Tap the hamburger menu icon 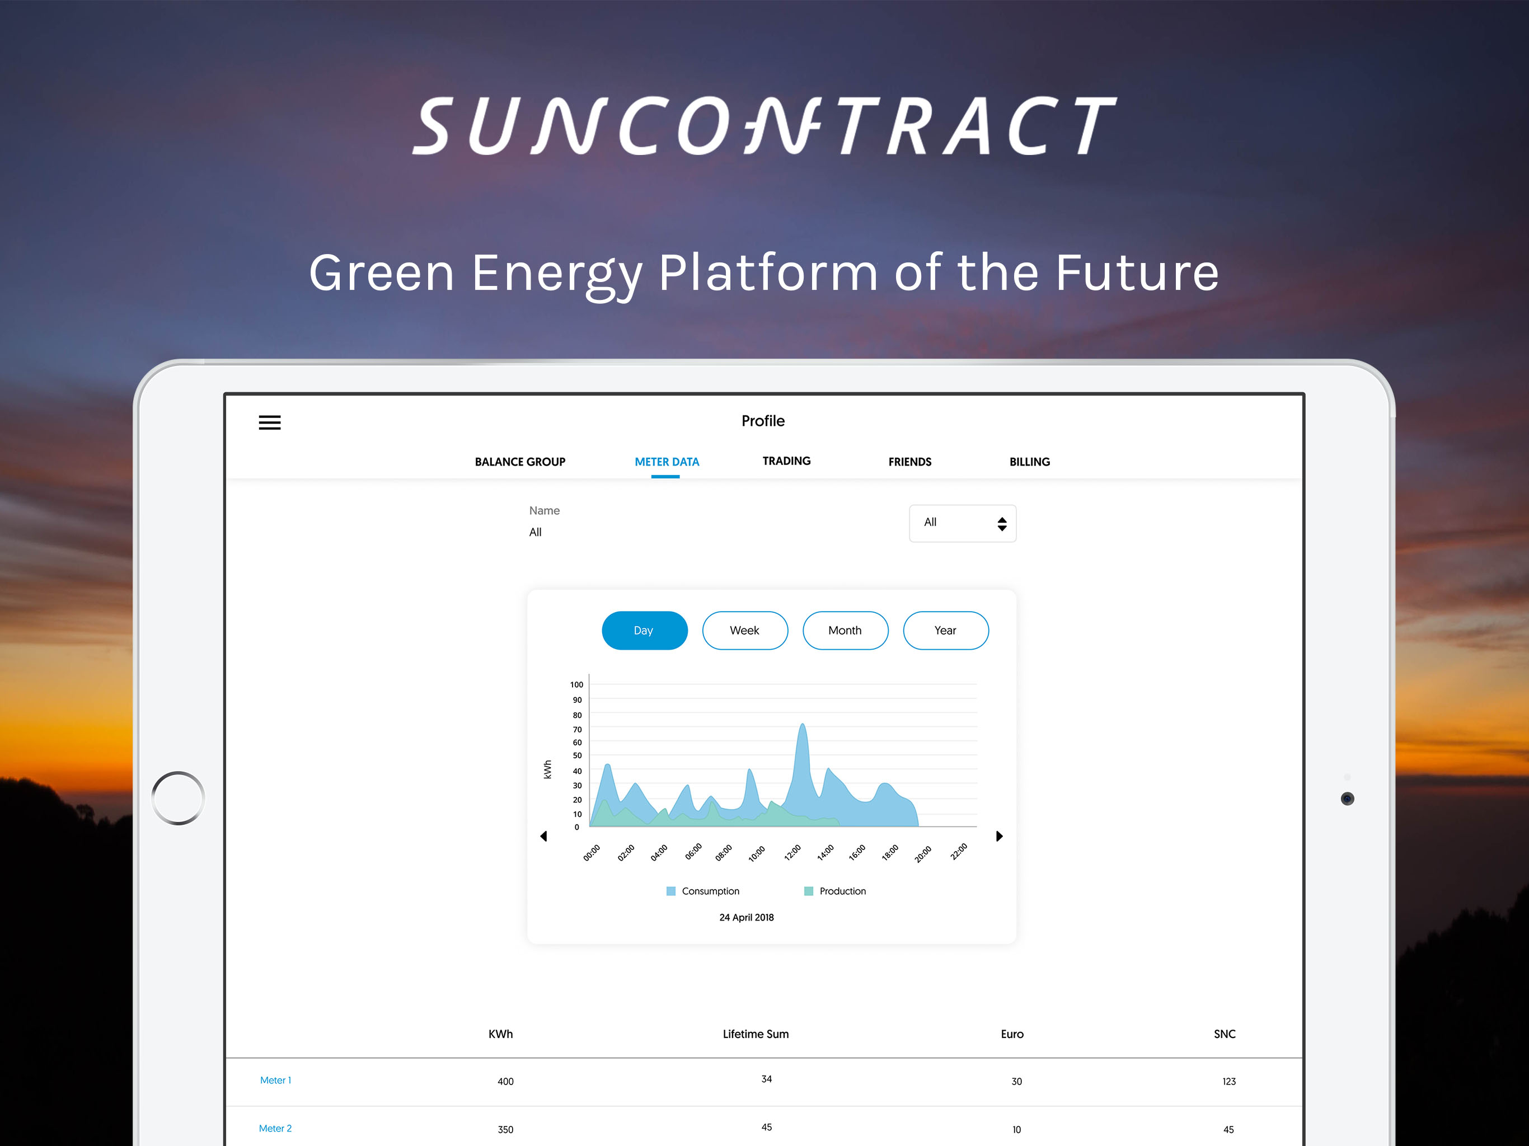click(270, 422)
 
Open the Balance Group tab click(520, 462)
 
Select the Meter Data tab click(667, 462)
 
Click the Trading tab click(786, 461)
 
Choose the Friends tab click(909, 462)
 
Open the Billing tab click(1029, 462)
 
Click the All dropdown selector click(962, 523)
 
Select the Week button click(744, 631)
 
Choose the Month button click(845, 631)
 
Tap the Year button click(946, 631)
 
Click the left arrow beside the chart click(543, 837)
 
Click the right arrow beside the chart click(999, 837)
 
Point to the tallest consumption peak click(802, 725)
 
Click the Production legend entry click(835, 891)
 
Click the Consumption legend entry click(702, 891)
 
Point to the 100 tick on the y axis click(576, 684)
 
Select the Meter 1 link click(275, 1081)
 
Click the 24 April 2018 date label click(747, 917)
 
